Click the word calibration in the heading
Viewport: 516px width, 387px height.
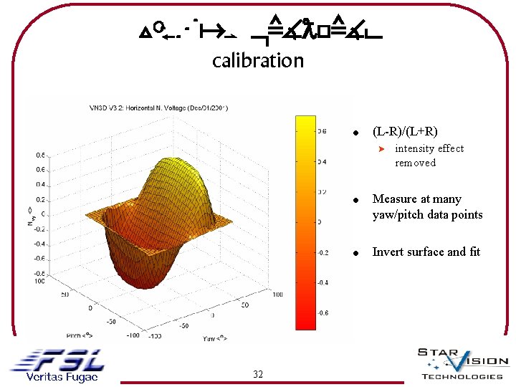258,60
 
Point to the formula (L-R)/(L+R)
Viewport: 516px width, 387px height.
405,131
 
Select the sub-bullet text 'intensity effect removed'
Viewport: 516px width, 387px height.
429,156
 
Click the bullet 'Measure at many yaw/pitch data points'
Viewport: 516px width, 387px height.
427,207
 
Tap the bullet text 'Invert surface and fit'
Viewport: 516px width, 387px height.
426,252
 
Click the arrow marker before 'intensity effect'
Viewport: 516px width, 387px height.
382,149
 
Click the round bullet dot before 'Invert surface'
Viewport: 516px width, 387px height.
354,253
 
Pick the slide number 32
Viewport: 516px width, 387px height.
258,374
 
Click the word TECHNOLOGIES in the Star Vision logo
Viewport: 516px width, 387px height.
462,376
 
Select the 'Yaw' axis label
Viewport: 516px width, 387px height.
211,338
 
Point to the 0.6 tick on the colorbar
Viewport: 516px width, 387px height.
322,131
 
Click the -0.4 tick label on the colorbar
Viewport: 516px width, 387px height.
322,282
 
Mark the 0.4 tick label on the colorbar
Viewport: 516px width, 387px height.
322,161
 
